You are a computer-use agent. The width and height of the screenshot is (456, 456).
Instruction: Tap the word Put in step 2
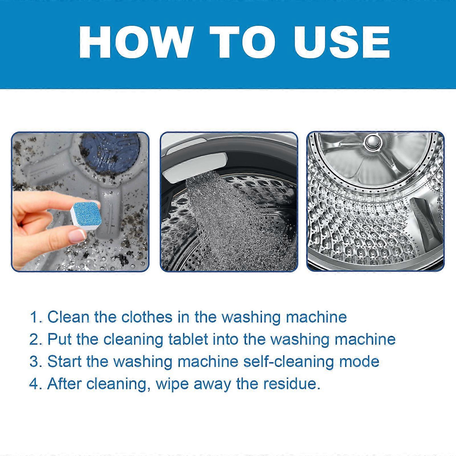(60, 339)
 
